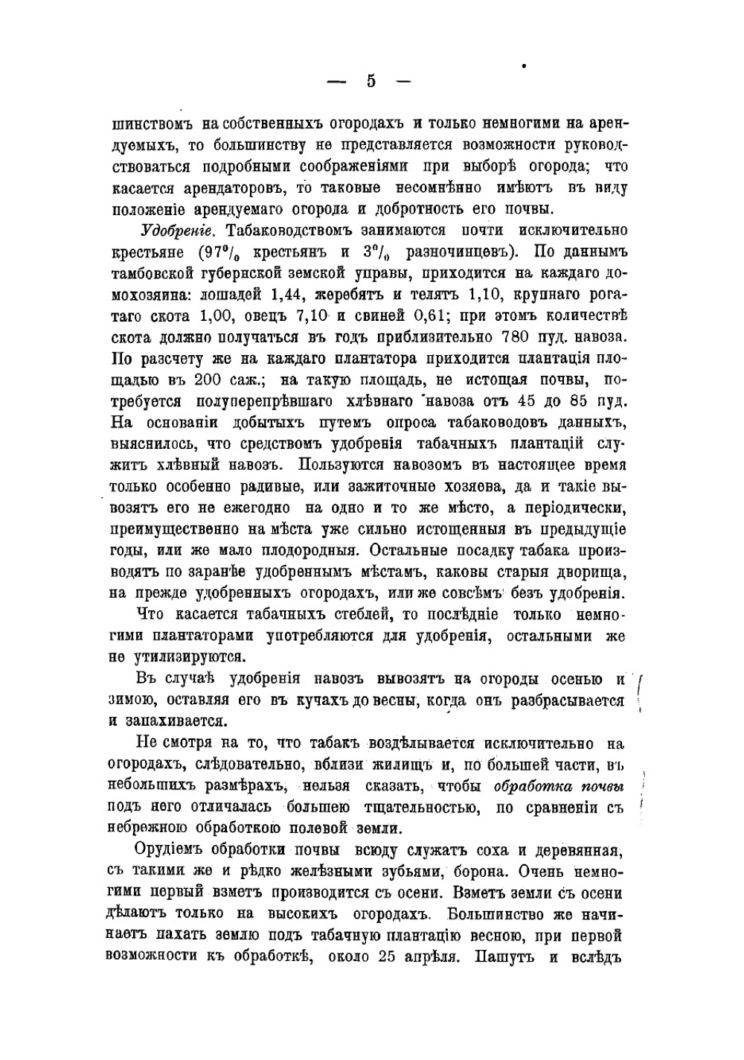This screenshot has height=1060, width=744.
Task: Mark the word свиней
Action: (x=379, y=315)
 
